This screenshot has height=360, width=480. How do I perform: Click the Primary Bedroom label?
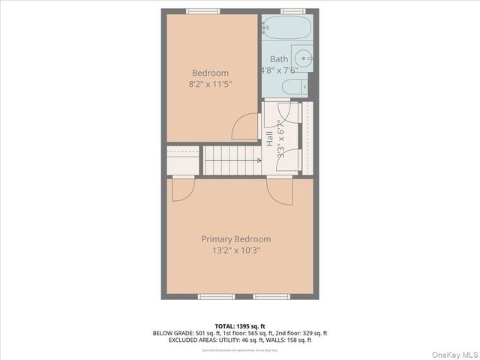pyautogui.click(x=235, y=239)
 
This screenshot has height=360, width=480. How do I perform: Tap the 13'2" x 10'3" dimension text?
pyautogui.click(x=235, y=250)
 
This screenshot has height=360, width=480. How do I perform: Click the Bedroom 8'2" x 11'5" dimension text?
pyautogui.click(x=210, y=84)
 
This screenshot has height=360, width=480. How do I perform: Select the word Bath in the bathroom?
pyautogui.click(x=279, y=59)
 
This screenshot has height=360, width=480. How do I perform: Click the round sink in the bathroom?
pyautogui.click(x=301, y=56)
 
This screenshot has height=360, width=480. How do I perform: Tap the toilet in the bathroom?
pyautogui.click(x=295, y=86)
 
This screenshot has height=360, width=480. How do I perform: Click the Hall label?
pyautogui.click(x=269, y=138)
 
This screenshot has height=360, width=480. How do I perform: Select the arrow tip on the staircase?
pyautogui.click(x=259, y=160)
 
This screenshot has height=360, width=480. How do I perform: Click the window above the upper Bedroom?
pyautogui.click(x=202, y=10)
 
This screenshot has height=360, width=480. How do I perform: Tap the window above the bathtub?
pyautogui.click(x=293, y=10)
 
